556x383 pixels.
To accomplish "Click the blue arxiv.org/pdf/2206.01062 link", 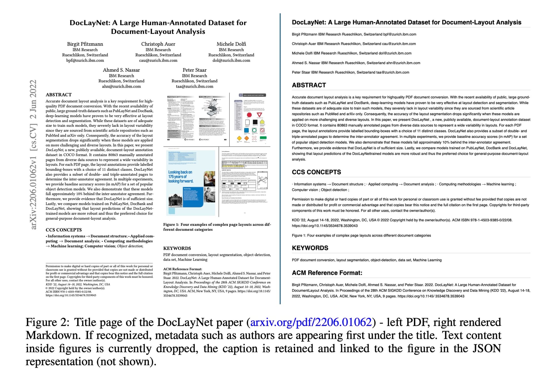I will (x=311, y=322).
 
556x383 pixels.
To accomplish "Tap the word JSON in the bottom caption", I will (x=487, y=349).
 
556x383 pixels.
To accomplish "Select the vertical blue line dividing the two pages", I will (x=280, y=158).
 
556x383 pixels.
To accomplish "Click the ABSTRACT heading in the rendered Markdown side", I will (x=309, y=85).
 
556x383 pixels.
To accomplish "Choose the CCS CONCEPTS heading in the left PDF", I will (x=64, y=230).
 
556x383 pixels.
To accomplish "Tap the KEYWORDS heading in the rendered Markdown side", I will (x=310, y=248).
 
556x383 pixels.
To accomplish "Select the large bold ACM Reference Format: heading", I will (x=327, y=273).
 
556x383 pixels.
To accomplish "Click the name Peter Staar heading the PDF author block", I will (x=194, y=70).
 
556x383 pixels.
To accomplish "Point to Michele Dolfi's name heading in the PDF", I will (x=231, y=44).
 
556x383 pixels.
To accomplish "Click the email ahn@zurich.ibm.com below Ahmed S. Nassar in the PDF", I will (x=121, y=86).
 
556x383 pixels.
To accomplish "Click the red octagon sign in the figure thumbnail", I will (x=249, y=115).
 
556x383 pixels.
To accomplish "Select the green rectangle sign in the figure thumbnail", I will (x=263, y=138).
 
